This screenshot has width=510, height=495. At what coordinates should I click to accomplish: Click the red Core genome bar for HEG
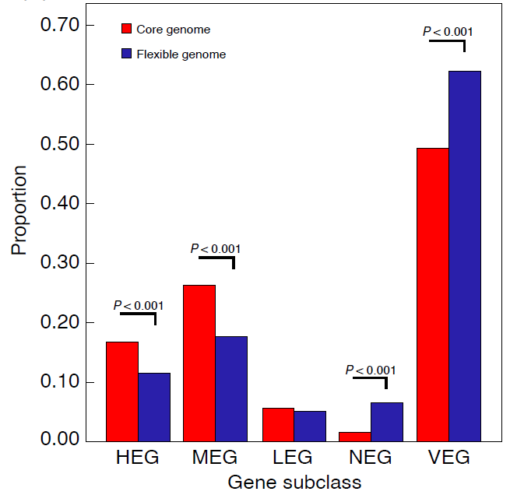(x=122, y=391)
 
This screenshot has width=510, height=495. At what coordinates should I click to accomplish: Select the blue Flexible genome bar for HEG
(x=154, y=406)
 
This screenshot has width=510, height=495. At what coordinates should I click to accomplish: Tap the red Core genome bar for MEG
(x=199, y=363)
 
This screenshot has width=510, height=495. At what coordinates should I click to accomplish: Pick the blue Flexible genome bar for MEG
(x=231, y=388)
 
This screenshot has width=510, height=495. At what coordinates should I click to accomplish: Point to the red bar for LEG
(x=277, y=424)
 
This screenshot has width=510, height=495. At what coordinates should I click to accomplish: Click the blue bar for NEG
(x=387, y=421)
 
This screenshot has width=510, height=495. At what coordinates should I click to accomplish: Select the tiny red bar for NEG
(x=355, y=437)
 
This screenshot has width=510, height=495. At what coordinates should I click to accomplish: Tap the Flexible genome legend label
(x=181, y=54)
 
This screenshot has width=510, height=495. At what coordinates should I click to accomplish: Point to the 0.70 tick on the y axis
(x=59, y=25)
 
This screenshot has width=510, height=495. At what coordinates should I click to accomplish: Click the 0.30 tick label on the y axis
(x=59, y=263)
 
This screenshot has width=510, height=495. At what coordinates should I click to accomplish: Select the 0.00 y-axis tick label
(x=59, y=441)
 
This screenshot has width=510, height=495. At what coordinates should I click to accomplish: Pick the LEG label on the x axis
(x=294, y=458)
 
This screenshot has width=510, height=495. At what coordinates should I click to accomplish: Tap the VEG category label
(x=448, y=458)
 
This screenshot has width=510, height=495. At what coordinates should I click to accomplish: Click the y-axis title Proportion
(x=19, y=210)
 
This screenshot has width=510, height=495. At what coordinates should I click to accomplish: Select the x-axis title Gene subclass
(x=294, y=483)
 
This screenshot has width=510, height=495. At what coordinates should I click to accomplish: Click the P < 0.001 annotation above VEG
(x=448, y=32)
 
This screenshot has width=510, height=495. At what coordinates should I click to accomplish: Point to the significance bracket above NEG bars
(x=371, y=379)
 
